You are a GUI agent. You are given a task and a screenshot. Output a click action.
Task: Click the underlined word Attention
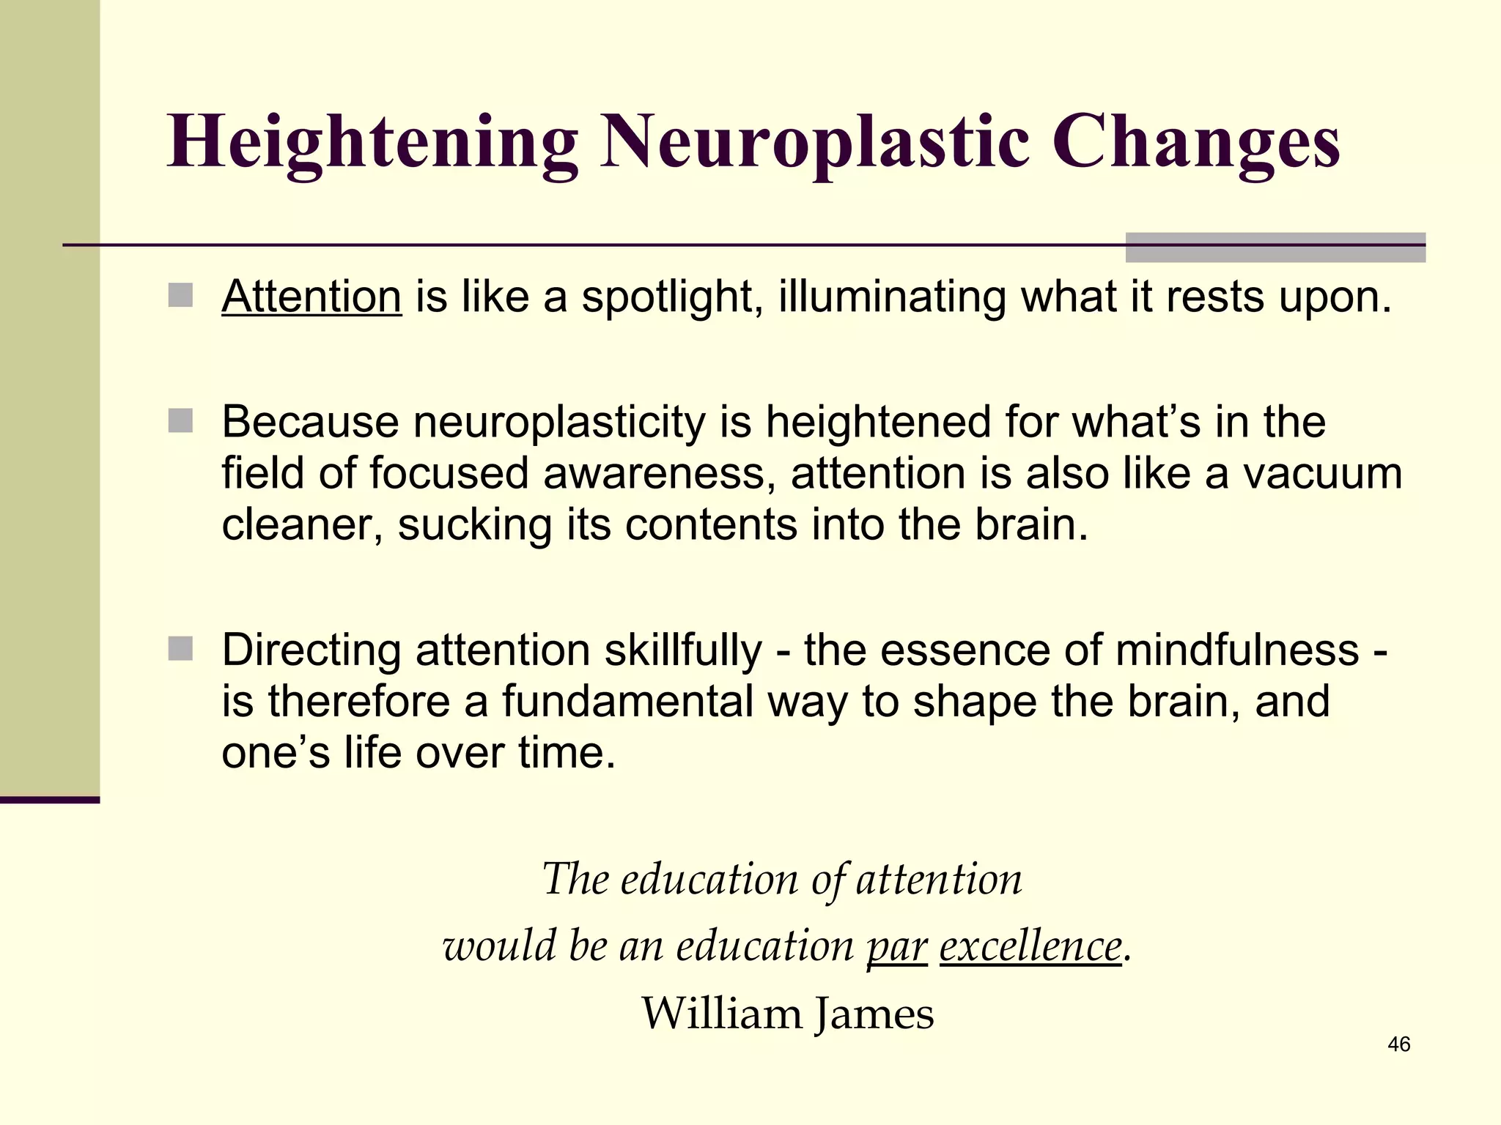311,297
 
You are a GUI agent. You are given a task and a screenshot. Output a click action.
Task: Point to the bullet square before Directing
180,648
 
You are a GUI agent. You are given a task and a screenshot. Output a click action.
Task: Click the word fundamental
628,701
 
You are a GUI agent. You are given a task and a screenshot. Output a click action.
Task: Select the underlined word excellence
1030,946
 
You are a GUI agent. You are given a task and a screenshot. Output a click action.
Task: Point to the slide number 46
1398,1044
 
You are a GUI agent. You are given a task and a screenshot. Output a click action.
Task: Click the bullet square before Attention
180,296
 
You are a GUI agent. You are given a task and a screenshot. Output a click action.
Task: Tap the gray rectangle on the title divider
1275,248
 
